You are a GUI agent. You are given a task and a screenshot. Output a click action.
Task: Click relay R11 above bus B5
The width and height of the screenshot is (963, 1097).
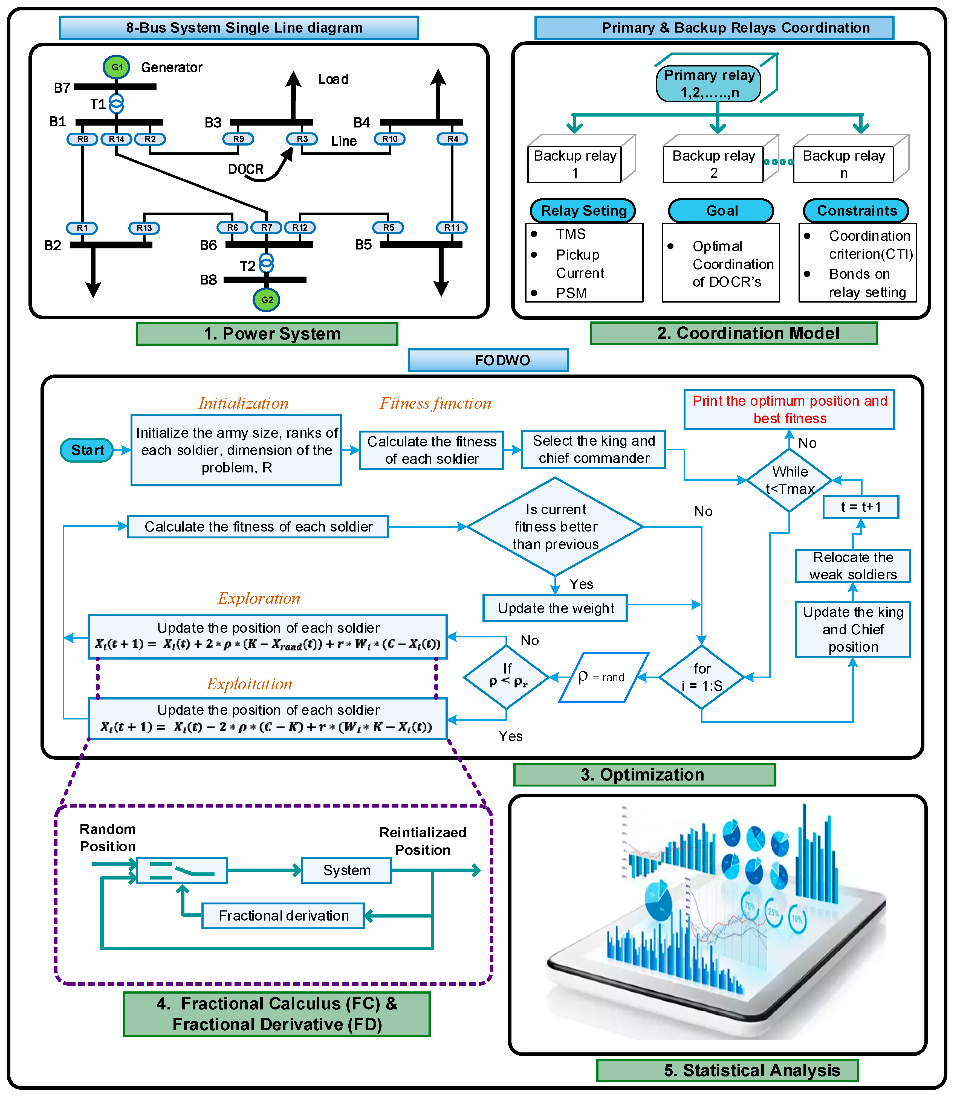(452, 228)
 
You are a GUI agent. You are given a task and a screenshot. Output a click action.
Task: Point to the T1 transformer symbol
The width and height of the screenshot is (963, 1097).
(117, 104)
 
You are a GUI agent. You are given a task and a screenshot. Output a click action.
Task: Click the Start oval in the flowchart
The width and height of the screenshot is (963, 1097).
(87, 450)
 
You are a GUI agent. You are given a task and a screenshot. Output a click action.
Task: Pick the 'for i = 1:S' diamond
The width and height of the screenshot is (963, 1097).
(702, 677)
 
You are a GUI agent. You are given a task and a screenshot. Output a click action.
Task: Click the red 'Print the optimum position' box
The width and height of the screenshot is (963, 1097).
(789, 410)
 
